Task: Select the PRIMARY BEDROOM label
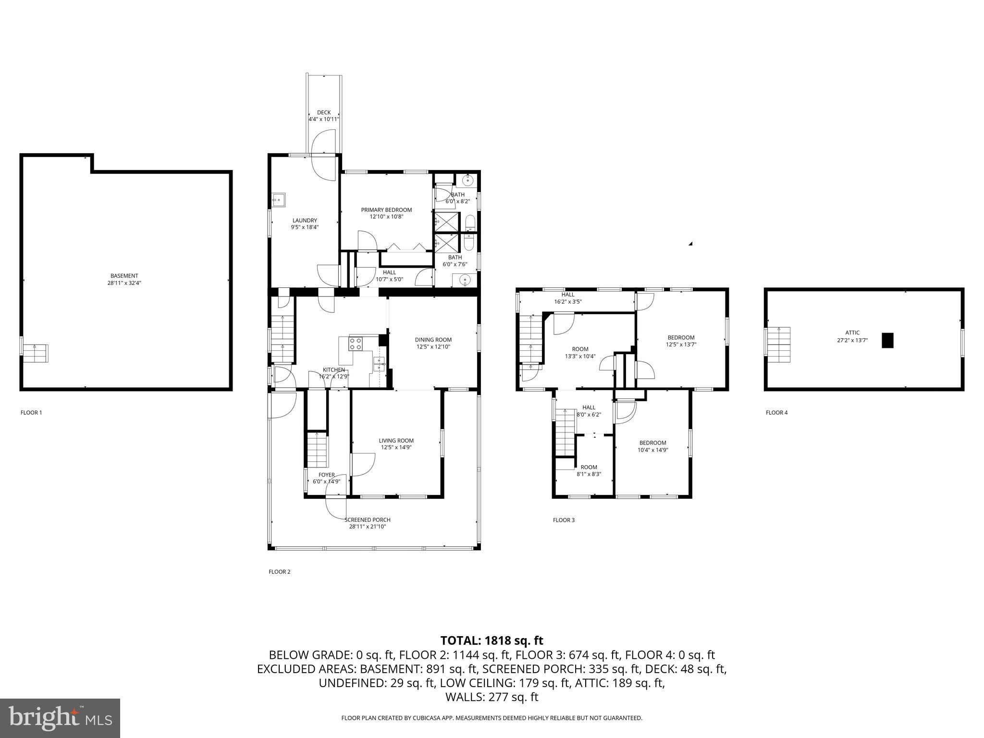pos(386,210)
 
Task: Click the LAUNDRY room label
pos(305,221)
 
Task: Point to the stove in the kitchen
pos(356,344)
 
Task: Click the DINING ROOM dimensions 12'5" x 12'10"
pos(433,346)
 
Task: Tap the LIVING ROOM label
pos(396,441)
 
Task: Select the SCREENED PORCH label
pos(368,520)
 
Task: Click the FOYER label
pos(327,475)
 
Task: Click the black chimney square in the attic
pos(887,340)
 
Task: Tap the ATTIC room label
pos(852,332)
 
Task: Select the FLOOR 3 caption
pos(564,520)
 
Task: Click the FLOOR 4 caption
pos(776,412)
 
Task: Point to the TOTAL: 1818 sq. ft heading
pos(492,640)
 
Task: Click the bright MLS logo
pos(60,718)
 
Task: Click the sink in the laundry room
pos(278,199)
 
